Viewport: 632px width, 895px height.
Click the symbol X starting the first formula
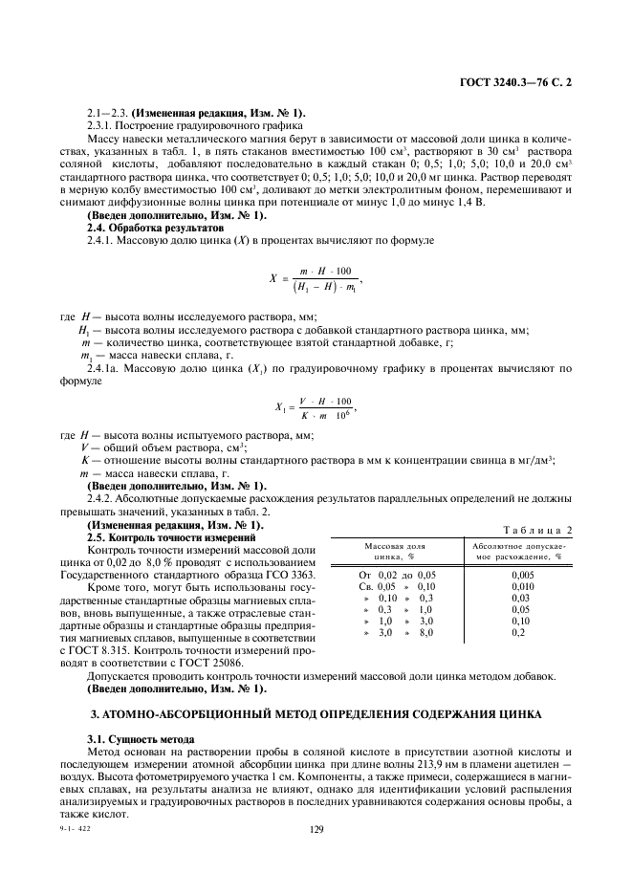pyautogui.click(x=272, y=279)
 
